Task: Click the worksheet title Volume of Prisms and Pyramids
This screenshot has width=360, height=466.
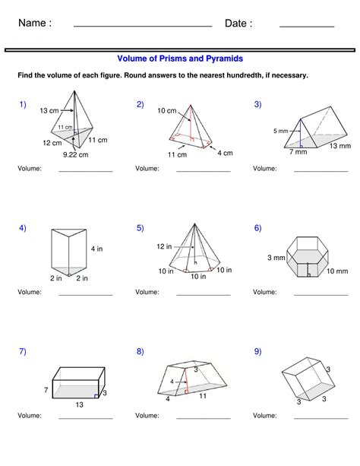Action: click(180, 58)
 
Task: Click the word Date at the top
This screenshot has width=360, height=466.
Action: click(238, 24)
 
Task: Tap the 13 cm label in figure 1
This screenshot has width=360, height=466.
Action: click(49, 110)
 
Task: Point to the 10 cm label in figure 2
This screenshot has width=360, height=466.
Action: click(166, 110)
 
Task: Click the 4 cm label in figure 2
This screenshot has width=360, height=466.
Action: click(225, 153)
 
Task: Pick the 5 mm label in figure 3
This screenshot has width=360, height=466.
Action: click(280, 132)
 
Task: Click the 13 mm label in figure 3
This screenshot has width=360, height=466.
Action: click(339, 145)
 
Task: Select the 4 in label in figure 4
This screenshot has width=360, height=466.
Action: click(96, 248)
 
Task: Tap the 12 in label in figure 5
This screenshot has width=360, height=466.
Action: click(164, 246)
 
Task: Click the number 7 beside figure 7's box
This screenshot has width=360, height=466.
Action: click(46, 389)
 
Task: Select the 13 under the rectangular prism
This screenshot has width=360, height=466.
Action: click(79, 405)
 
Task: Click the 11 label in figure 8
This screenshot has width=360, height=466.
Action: click(204, 396)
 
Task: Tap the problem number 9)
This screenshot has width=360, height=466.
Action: click(258, 351)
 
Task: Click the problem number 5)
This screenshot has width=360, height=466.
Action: click(141, 228)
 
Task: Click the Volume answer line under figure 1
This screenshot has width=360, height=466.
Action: click(85, 171)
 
